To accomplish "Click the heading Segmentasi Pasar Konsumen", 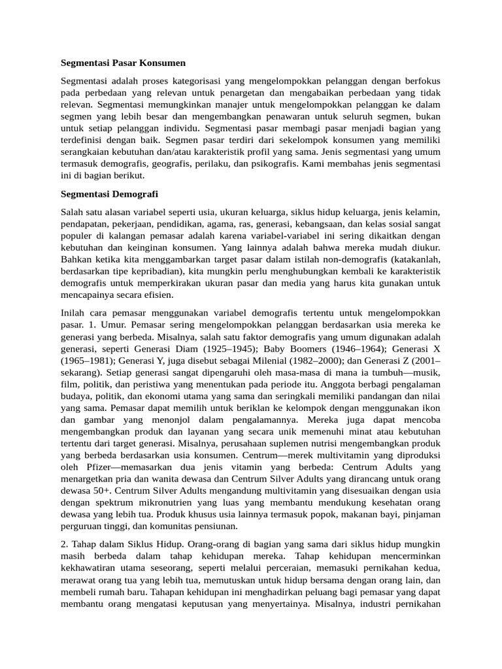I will tap(123, 63).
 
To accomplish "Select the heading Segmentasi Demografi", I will tap(109, 194).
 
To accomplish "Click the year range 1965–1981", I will tap(88, 361).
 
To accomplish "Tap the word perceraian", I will tap(298, 568).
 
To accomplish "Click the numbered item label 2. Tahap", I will tap(80, 545).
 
